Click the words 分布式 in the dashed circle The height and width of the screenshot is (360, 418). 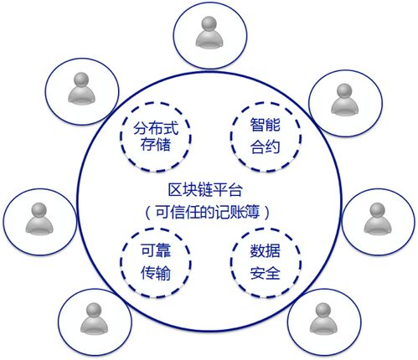click(156, 129)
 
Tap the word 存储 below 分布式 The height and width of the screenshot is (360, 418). click(156, 145)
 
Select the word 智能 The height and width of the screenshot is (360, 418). click(265, 125)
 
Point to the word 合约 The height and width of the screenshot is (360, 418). click(265, 147)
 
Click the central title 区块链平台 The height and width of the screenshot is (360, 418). click(205, 190)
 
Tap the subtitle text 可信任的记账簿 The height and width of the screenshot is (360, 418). click(207, 212)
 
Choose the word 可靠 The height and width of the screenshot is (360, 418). click(156, 250)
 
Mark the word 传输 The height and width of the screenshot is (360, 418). click(156, 273)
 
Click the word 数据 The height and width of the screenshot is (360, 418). click(265, 250)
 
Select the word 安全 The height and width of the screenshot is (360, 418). click(265, 273)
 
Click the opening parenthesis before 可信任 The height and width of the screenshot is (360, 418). click(148, 213)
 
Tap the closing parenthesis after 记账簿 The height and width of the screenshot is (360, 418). click(267, 213)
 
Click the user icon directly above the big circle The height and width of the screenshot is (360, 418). click(209, 33)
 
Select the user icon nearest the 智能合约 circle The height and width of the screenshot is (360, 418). click(344, 100)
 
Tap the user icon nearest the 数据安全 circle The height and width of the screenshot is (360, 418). click(323, 319)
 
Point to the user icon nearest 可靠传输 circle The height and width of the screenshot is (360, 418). click(94, 319)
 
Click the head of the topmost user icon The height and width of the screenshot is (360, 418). click(209, 23)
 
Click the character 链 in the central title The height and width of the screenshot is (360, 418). click(205, 190)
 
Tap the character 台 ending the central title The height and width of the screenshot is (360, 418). click(235, 190)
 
